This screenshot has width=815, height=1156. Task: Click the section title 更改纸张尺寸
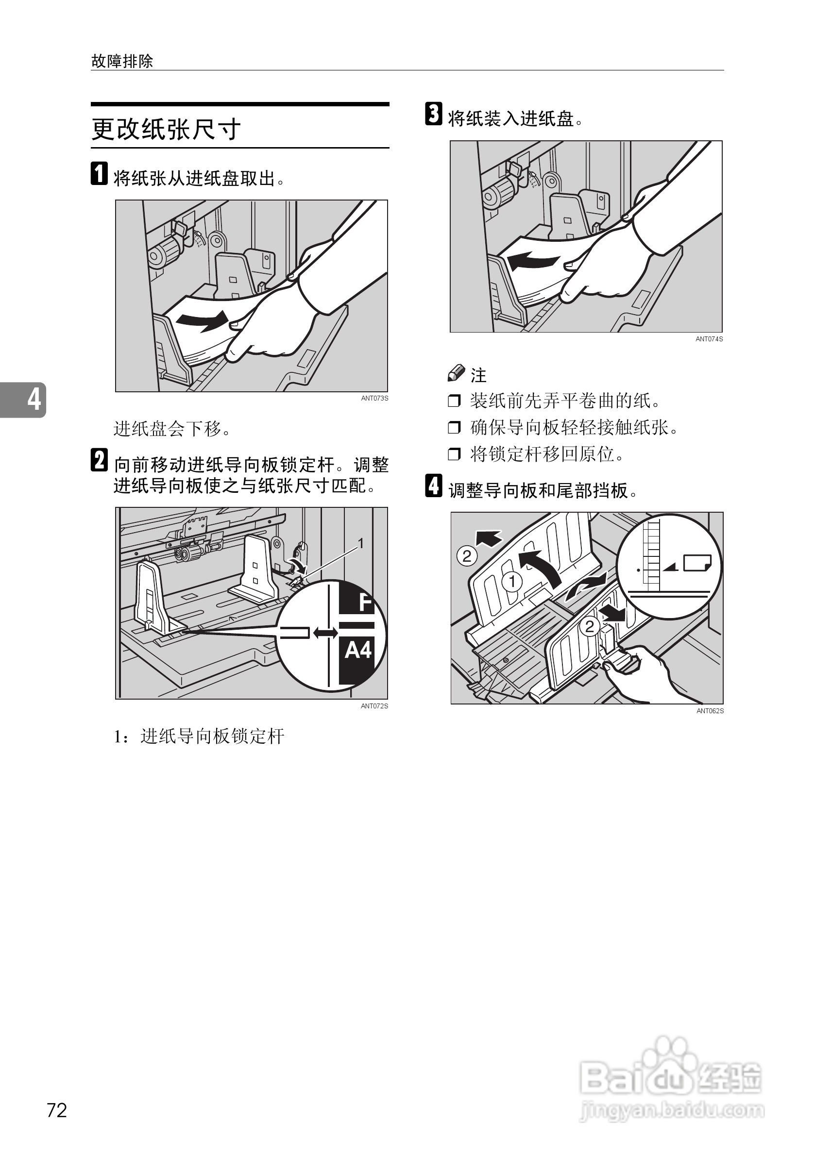click(x=166, y=130)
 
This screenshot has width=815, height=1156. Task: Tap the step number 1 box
click(x=99, y=174)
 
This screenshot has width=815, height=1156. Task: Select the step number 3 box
click(x=434, y=114)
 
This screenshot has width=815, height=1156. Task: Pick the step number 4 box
click(x=434, y=486)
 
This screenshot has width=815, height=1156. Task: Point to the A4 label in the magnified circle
click(x=358, y=651)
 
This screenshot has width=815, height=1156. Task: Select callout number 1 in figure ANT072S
click(x=361, y=543)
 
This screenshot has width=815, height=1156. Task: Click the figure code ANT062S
click(x=710, y=711)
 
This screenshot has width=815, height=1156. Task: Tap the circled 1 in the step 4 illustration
click(x=512, y=582)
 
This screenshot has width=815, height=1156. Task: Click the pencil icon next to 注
click(x=457, y=373)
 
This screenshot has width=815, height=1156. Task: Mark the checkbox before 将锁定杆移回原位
click(x=454, y=454)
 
